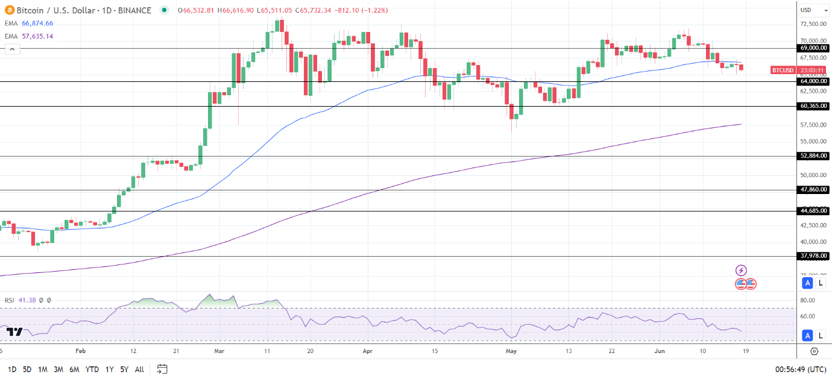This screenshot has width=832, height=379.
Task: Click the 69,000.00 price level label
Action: pyautogui.click(x=813, y=48)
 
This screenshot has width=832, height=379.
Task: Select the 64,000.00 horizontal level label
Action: pyautogui.click(x=813, y=81)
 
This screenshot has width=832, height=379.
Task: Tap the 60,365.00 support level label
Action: pyautogui.click(x=813, y=106)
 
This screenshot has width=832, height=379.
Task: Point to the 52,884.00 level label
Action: pyautogui.click(x=813, y=156)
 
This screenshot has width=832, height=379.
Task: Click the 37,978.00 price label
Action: pyautogui.click(x=813, y=256)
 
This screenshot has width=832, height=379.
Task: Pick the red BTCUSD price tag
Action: pyautogui.click(x=782, y=70)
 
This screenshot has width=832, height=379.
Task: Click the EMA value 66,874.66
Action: pyautogui.click(x=37, y=23)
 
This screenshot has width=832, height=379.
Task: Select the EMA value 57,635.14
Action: pyautogui.click(x=37, y=36)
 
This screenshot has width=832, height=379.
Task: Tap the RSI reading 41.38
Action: pyautogui.click(x=27, y=300)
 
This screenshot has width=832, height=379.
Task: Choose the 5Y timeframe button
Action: pyautogui.click(x=124, y=369)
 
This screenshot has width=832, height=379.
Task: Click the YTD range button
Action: pyautogui.click(x=92, y=369)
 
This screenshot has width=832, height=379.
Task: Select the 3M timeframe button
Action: pyautogui.click(x=58, y=369)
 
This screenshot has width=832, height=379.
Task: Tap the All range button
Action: pyautogui.click(x=139, y=369)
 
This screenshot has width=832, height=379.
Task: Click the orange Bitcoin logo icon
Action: pyautogui.click(x=9, y=10)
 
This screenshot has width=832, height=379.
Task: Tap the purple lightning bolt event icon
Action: pyautogui.click(x=741, y=271)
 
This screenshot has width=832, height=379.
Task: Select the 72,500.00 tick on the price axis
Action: pyautogui.click(x=813, y=24)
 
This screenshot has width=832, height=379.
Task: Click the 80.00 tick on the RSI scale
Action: pyautogui.click(x=808, y=301)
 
